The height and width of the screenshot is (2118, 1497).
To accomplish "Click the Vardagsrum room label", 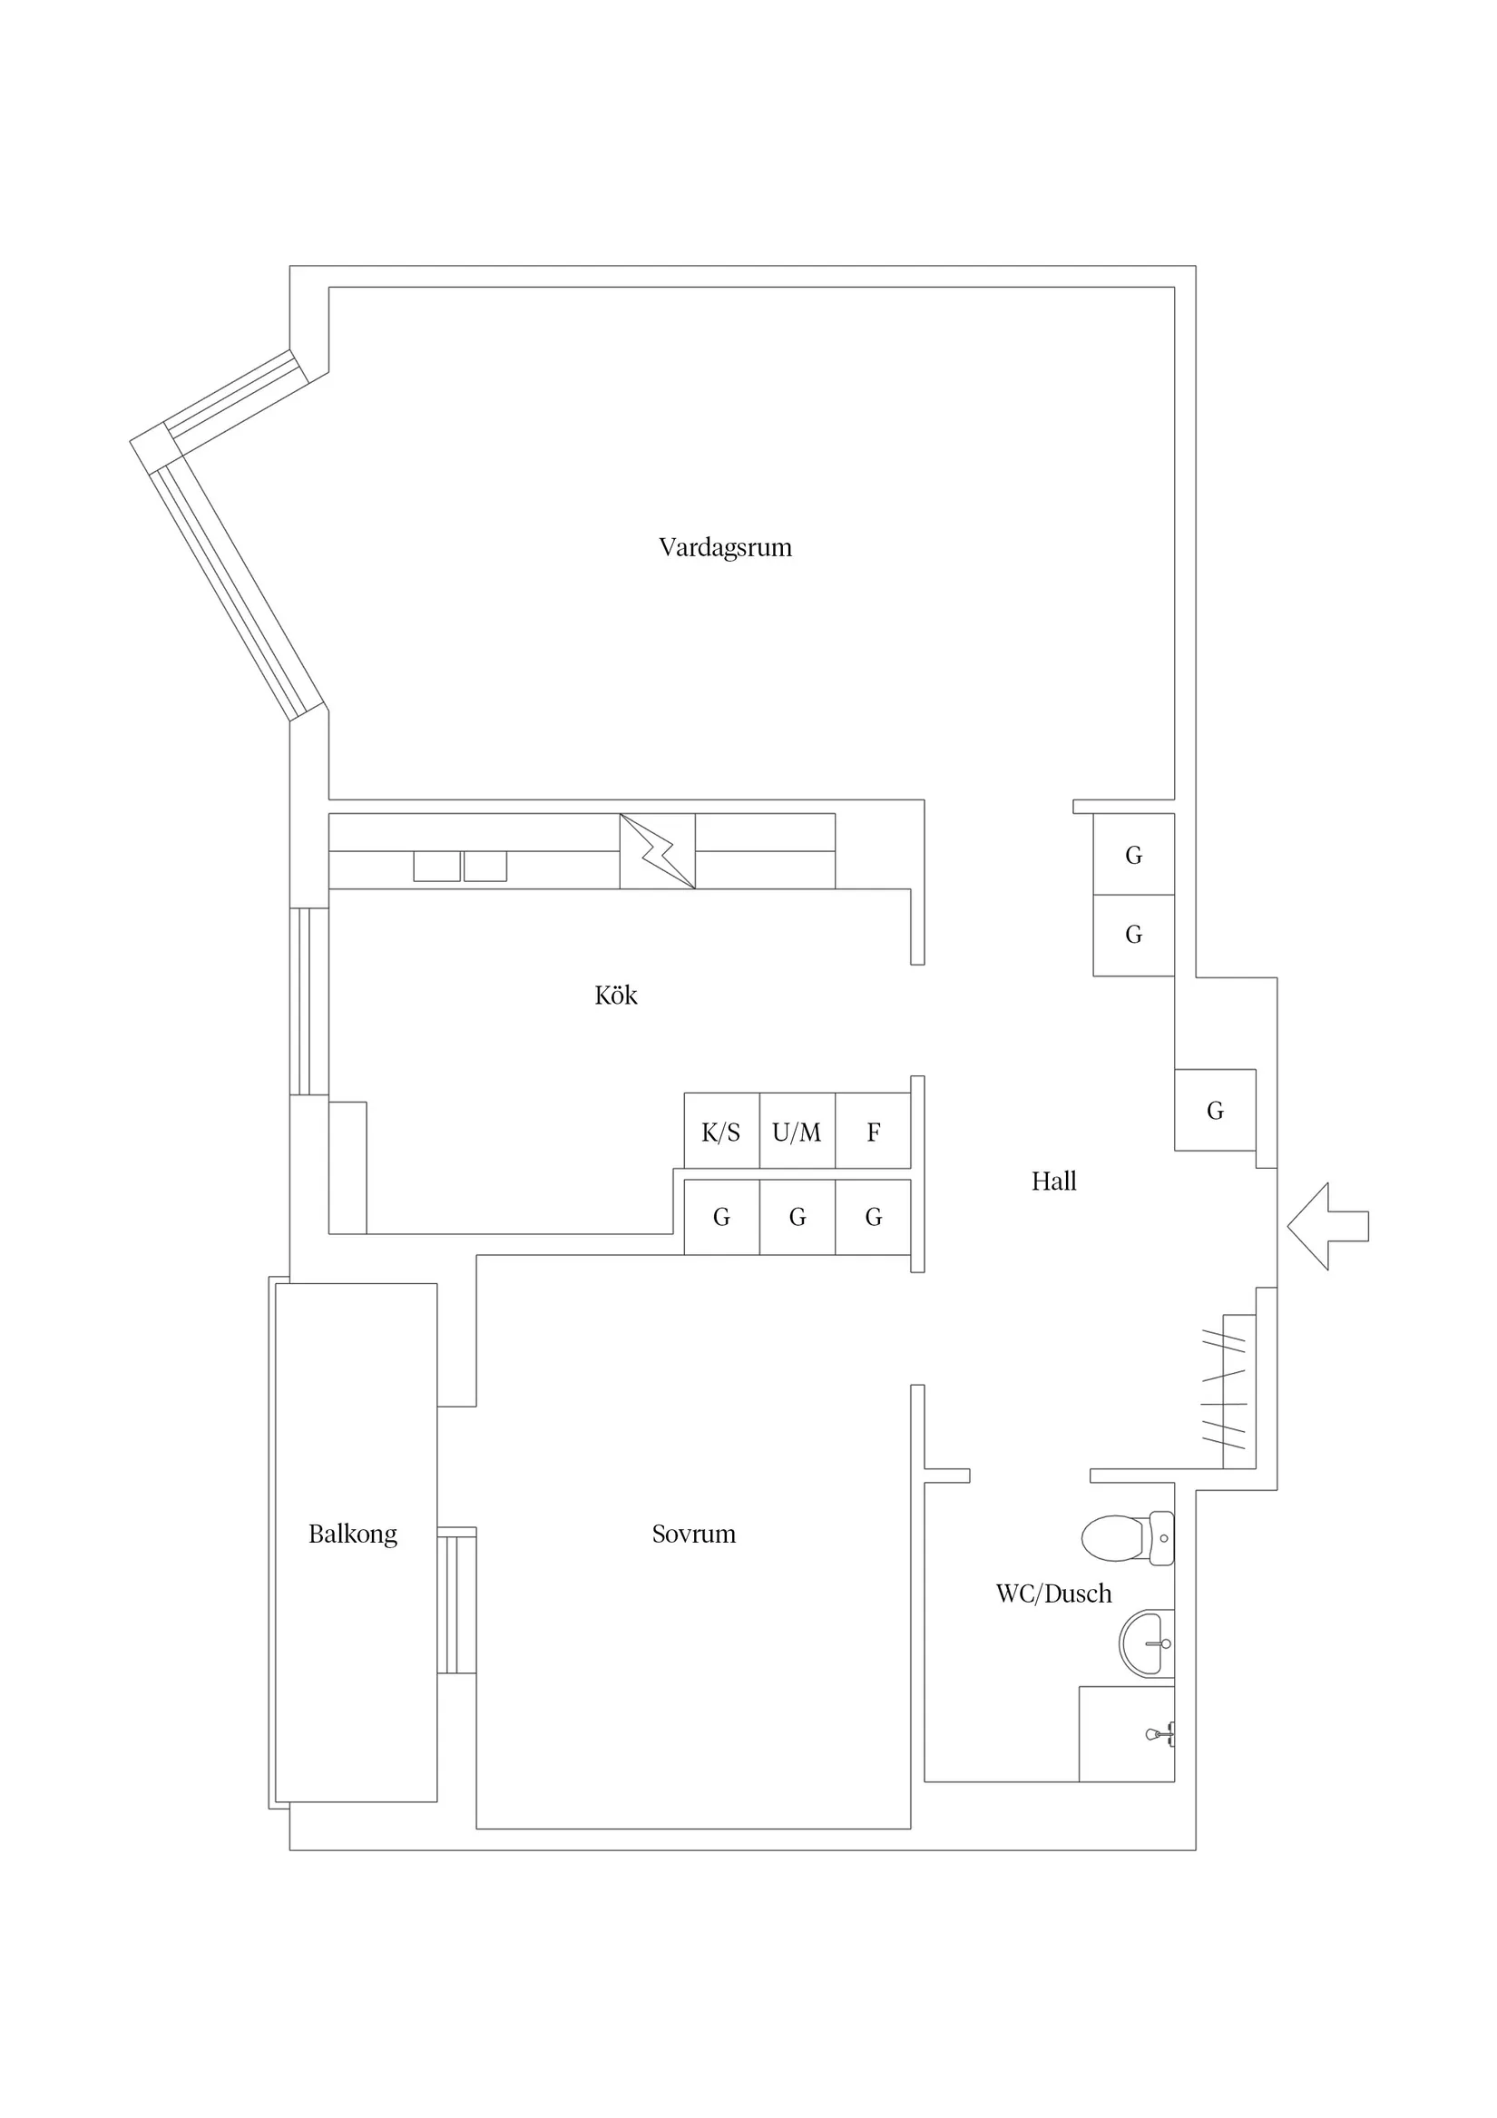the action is click(x=725, y=548).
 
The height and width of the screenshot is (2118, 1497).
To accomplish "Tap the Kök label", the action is click(x=616, y=995).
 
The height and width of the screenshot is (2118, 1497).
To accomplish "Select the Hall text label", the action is click(x=1053, y=1181).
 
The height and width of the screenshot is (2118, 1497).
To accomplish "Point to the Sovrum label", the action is click(x=694, y=1534).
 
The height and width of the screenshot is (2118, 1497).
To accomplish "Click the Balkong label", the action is click(x=352, y=1535).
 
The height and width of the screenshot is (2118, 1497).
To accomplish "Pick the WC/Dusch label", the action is click(x=1053, y=1593).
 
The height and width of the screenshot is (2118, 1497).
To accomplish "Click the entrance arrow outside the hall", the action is click(x=1328, y=1227).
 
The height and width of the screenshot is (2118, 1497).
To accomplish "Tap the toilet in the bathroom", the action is click(x=1127, y=1539).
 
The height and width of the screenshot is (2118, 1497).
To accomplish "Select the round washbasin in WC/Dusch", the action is click(x=1147, y=1643).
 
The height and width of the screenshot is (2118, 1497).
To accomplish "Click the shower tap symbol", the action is click(x=1160, y=1734).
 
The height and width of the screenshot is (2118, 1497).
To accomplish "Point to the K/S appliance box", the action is click(x=721, y=1131).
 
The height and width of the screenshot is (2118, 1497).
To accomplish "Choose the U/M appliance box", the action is click(x=797, y=1131).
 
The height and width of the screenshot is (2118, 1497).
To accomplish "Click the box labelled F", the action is click(x=873, y=1131).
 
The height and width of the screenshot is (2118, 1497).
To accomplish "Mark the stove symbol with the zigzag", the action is click(x=658, y=850).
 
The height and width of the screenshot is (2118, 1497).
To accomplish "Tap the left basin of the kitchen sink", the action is click(x=436, y=867).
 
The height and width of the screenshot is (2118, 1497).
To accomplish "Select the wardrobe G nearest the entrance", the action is click(x=1215, y=1110).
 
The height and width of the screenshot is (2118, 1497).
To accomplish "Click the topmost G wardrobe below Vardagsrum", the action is click(x=1133, y=854).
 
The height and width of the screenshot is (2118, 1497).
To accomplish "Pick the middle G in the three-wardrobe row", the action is click(x=797, y=1217).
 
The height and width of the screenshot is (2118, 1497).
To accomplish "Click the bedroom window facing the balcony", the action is click(x=456, y=1601).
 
